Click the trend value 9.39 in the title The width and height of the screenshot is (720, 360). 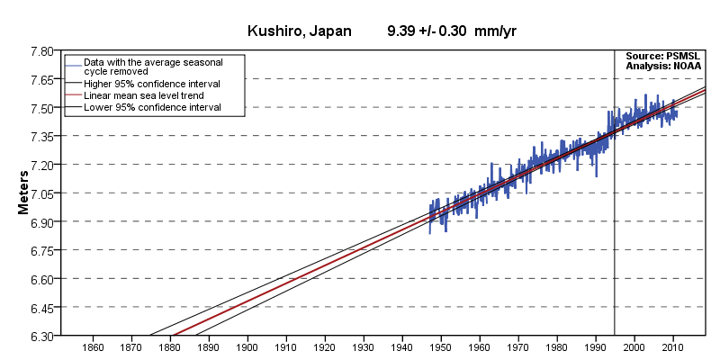[x=402, y=31]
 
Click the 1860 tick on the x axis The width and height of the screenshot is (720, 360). [x=93, y=347]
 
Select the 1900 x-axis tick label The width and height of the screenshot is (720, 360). [x=247, y=347]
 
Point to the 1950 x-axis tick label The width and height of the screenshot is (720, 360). [x=441, y=347]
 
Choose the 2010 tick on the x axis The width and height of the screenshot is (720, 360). [x=673, y=347]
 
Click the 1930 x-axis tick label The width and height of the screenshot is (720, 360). [x=364, y=347]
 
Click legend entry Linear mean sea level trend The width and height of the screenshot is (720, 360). [x=143, y=94]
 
